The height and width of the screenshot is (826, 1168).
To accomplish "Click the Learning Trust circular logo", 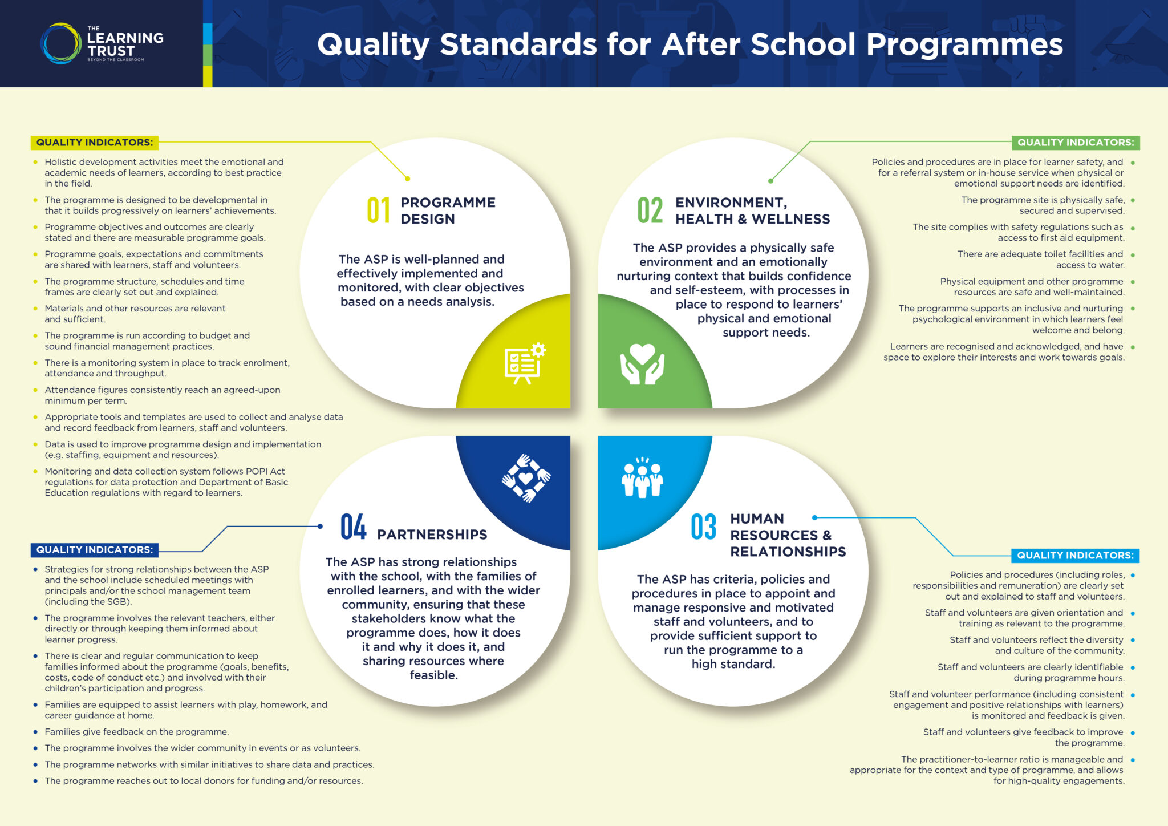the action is (x=61, y=43).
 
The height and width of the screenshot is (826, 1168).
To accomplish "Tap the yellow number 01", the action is (x=378, y=210).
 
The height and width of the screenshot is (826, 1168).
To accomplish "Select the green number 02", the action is (x=650, y=210).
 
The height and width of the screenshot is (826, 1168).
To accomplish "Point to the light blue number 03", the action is (x=703, y=527).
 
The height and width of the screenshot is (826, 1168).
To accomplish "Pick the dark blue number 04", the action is (x=353, y=527).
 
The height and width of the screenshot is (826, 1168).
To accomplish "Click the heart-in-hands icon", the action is (x=642, y=363).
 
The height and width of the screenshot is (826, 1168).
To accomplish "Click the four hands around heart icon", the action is (x=526, y=478).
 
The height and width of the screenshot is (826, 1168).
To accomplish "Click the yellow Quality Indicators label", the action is (x=95, y=143).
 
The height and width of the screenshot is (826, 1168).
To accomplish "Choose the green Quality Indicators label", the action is (x=1075, y=143).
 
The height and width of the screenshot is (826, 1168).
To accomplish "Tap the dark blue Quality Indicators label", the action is (x=95, y=550).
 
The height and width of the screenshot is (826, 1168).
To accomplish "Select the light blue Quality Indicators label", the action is (x=1075, y=556).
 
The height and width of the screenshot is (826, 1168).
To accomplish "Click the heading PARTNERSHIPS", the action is (x=432, y=535).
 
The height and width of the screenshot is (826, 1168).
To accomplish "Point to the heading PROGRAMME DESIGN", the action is (x=448, y=210).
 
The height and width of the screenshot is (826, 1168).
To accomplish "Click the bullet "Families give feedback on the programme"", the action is (x=137, y=732).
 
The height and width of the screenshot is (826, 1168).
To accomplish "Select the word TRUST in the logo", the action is (x=111, y=51).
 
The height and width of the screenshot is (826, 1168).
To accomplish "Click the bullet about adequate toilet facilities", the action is (x=1040, y=260).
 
